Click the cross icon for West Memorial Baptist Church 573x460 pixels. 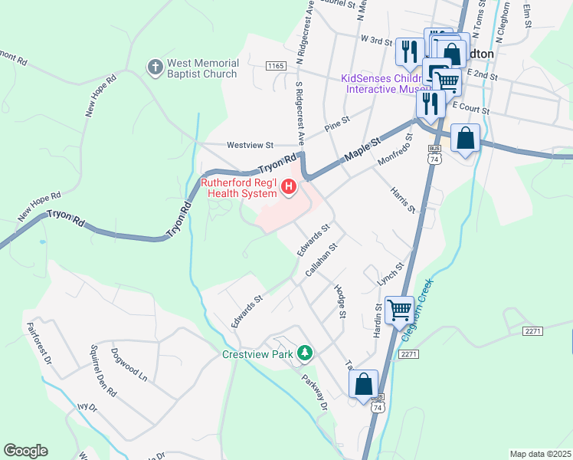coord(156,67)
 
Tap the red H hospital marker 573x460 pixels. coord(289,186)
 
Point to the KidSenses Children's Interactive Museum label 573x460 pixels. coord(381,84)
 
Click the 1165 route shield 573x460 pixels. coord(276,67)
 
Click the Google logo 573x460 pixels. coord(25,451)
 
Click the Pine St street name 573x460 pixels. coord(336,123)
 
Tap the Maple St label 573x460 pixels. coord(362,149)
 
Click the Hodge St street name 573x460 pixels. coord(340,301)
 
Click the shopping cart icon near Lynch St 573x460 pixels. coord(401,310)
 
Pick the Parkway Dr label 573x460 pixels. coord(314,392)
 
